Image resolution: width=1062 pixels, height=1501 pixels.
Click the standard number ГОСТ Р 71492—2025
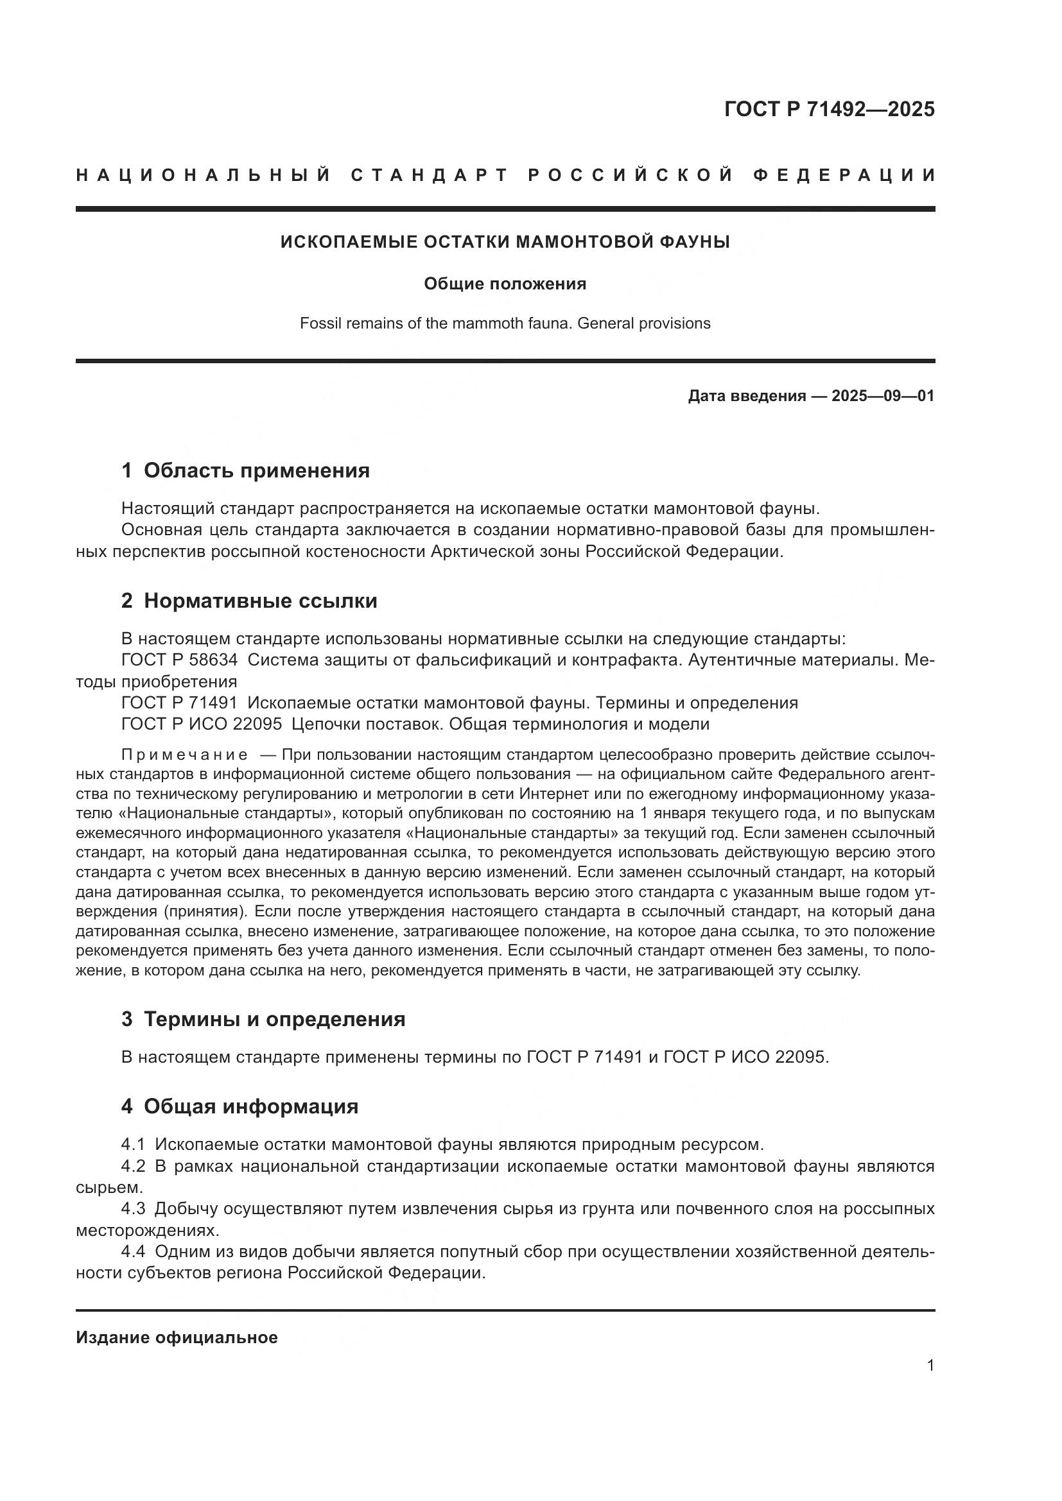[x=829, y=109]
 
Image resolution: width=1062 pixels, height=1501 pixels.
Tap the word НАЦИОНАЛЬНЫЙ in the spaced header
[x=204, y=175]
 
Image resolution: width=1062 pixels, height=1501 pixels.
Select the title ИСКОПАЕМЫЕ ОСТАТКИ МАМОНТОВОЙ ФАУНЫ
[x=505, y=242]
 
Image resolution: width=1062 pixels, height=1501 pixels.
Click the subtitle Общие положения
[x=505, y=284]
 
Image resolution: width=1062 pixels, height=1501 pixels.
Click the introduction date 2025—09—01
[x=883, y=396]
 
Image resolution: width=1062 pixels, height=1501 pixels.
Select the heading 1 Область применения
[x=245, y=470]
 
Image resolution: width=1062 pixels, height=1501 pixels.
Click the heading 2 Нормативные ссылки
[x=249, y=601]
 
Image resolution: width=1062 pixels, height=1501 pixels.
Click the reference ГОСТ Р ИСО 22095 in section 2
[x=202, y=725]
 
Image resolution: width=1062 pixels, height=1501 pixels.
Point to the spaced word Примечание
[x=184, y=755]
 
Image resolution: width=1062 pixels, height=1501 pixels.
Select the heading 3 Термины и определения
[x=263, y=1019]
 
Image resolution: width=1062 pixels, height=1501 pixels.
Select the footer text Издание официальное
[x=177, y=1337]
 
